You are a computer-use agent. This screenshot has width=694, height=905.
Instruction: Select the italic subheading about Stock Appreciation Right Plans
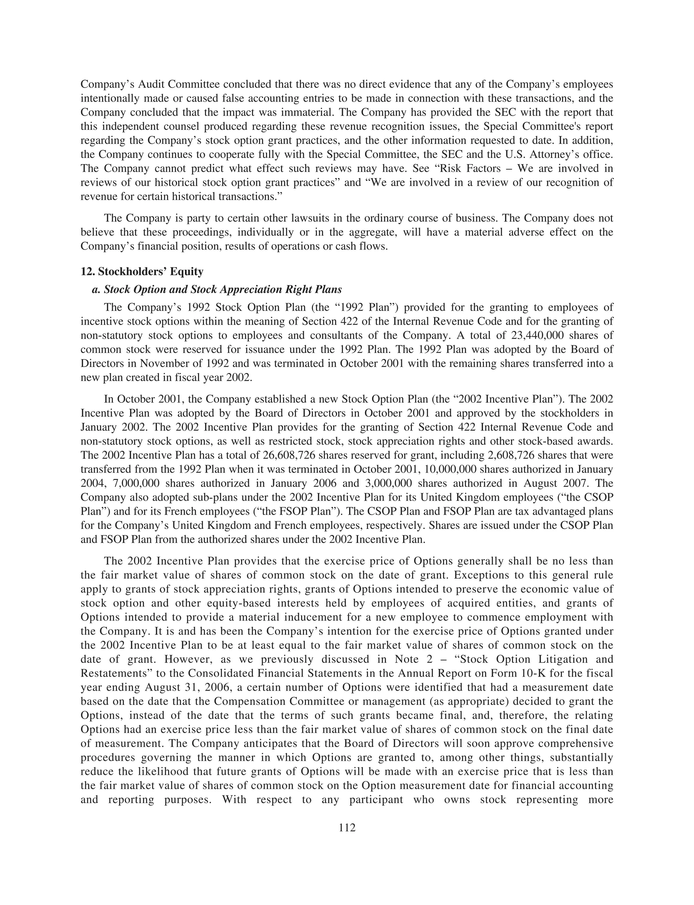click(x=217, y=289)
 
